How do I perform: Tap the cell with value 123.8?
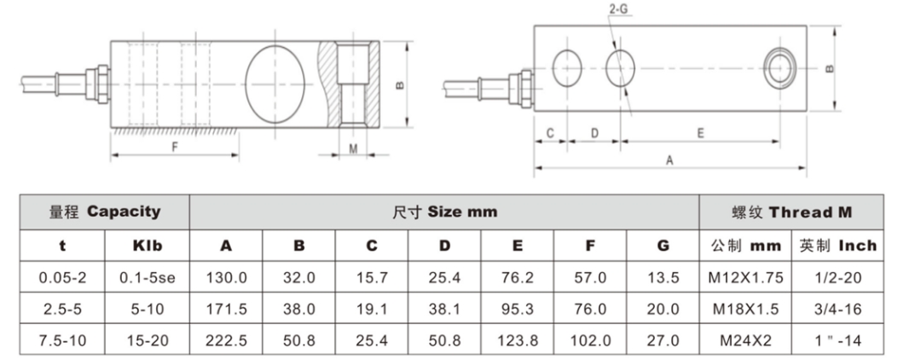click(x=518, y=340)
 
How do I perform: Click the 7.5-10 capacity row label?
click(x=61, y=340)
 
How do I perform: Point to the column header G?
click(x=663, y=246)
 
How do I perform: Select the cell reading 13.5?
click(x=663, y=277)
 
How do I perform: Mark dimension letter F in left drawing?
click(x=174, y=146)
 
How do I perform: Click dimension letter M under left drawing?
click(x=352, y=148)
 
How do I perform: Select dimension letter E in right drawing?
click(x=700, y=133)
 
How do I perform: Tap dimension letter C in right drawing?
click(x=551, y=133)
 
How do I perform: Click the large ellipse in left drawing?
click(x=275, y=81)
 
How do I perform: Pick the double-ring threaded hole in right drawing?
click(x=779, y=67)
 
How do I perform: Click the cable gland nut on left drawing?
click(x=96, y=84)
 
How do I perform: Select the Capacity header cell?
click(x=104, y=212)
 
